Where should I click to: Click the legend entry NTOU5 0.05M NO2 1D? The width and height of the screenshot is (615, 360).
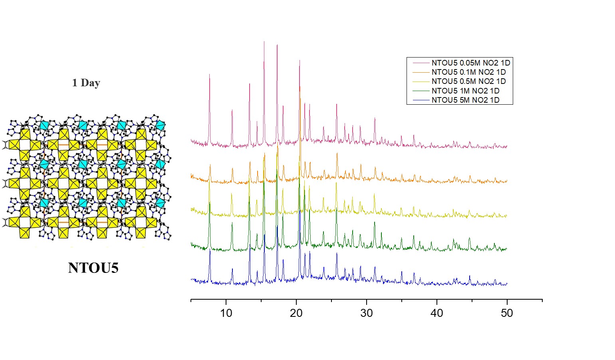pos(470,63)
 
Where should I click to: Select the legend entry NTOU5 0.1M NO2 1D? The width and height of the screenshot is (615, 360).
pos(468,72)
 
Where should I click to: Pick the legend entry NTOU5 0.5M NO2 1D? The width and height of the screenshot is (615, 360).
pos(468,82)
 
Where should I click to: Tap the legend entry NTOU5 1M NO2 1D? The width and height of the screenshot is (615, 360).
pos(465,91)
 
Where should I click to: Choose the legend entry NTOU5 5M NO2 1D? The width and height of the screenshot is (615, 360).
pos(465,100)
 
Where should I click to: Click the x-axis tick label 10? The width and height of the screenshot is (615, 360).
pos(226,313)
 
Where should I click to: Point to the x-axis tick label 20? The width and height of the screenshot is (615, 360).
pos(296,313)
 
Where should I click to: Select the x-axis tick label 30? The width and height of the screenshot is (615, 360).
pos(367,313)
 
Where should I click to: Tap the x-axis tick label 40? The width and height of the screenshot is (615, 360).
pos(437,313)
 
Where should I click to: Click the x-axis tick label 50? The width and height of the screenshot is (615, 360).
pos(507,313)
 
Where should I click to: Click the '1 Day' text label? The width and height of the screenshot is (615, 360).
pos(86,83)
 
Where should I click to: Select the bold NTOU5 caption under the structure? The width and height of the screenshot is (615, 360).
pos(93,268)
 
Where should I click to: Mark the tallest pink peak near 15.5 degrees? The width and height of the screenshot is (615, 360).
pos(264,42)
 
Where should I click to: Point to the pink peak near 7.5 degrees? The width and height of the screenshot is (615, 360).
pos(209,75)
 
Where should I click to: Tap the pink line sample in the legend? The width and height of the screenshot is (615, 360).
pos(421,63)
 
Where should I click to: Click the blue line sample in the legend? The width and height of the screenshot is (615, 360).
pos(421,100)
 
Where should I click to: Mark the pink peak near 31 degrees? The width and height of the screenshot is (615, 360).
pos(375,118)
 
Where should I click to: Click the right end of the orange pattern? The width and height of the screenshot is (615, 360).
pos(507,181)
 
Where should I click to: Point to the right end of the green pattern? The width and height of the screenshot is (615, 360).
pos(507,249)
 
